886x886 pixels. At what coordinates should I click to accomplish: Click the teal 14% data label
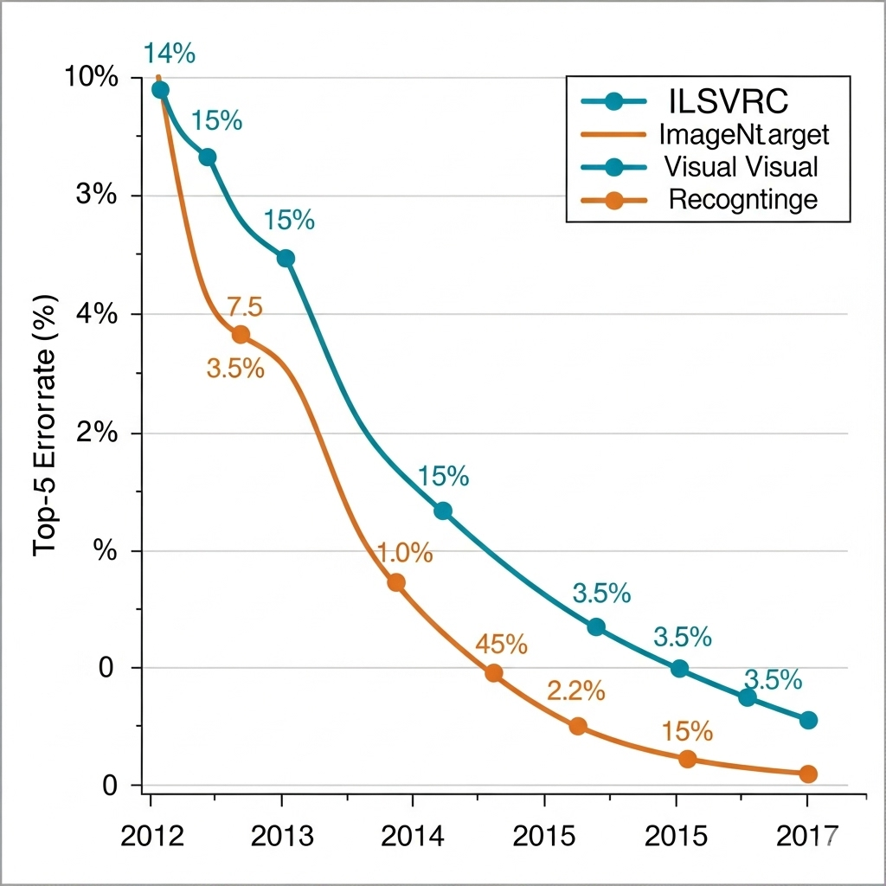click(x=169, y=54)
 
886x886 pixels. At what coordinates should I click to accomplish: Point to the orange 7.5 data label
click(x=245, y=307)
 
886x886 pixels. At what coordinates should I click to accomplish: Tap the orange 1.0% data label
click(x=405, y=552)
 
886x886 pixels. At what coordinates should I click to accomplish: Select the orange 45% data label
click(x=501, y=644)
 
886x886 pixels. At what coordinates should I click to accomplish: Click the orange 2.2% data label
click(x=575, y=690)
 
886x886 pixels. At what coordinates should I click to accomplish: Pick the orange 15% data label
click(x=687, y=731)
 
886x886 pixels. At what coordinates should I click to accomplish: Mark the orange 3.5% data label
click(x=235, y=369)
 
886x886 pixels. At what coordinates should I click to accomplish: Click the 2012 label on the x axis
click(x=152, y=836)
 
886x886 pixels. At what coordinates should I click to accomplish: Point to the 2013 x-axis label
click(x=282, y=836)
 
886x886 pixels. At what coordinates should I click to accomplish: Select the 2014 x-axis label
click(x=413, y=836)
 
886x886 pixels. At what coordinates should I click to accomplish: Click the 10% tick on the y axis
click(x=92, y=76)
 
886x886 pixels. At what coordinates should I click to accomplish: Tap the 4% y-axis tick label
click(x=97, y=313)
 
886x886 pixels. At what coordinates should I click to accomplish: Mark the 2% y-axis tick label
click(x=97, y=433)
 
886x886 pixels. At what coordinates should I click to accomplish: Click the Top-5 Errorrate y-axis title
click(x=45, y=426)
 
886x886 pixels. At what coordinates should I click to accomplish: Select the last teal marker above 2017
click(x=809, y=720)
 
